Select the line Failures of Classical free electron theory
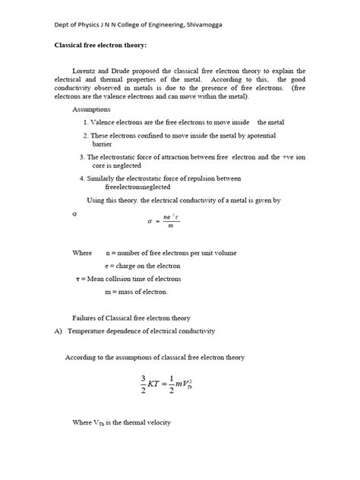point(131,317)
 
